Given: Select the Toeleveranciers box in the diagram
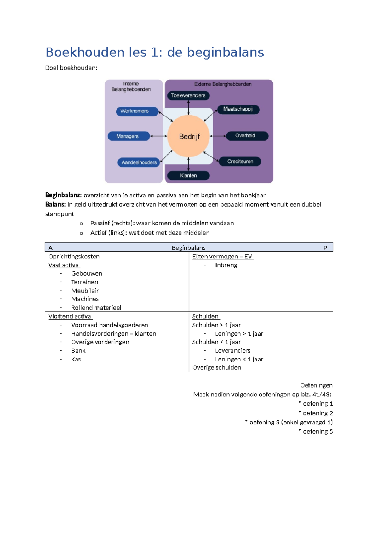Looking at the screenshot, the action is [x=188, y=96].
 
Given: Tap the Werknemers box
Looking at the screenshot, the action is [x=137, y=111].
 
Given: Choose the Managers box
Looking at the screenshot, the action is [x=129, y=136].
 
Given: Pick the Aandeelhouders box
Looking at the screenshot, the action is [x=139, y=162].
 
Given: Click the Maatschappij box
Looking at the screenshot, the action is [x=238, y=110].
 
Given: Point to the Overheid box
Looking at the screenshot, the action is [x=247, y=136].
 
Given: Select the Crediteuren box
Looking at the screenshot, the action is [x=240, y=162].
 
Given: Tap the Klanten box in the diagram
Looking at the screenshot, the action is [x=188, y=176].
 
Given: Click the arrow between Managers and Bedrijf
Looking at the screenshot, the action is [x=159, y=136].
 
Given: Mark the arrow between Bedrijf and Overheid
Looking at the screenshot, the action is [x=218, y=136].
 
